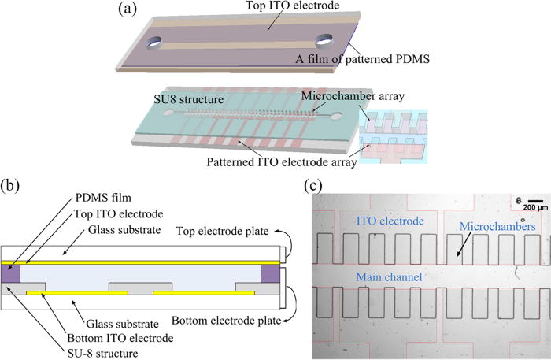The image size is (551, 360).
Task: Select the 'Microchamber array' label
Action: (x=344, y=98)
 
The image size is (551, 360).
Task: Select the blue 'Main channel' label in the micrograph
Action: (x=386, y=277)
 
